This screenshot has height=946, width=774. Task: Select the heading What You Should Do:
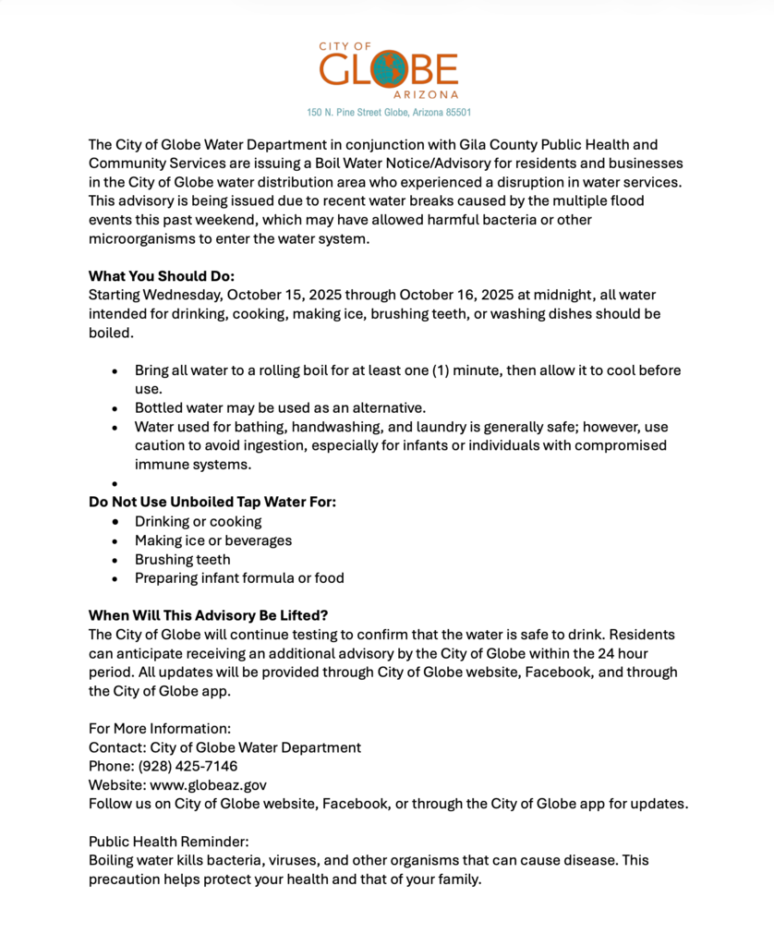point(162,276)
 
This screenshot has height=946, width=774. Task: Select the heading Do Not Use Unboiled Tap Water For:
point(212,503)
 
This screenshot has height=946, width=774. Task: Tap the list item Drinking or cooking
point(198,522)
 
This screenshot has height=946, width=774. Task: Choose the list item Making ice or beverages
point(212,540)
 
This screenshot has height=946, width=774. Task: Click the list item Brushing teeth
point(182,560)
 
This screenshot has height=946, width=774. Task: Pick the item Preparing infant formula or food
point(238,578)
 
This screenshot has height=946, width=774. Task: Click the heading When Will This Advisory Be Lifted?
point(208,615)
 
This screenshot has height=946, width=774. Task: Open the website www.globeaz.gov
point(209,784)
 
